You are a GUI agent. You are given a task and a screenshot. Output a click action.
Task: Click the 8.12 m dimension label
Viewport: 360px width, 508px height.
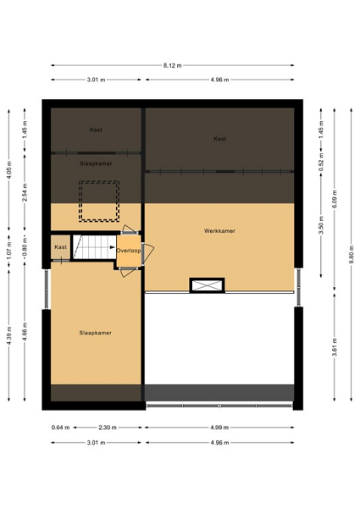click(x=173, y=65)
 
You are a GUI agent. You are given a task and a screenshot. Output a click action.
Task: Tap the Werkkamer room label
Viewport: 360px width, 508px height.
click(x=219, y=231)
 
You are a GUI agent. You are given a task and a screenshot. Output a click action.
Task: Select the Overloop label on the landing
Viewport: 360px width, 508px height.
click(x=129, y=251)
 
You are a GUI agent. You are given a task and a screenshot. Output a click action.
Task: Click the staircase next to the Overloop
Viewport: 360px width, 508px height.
click(x=94, y=247)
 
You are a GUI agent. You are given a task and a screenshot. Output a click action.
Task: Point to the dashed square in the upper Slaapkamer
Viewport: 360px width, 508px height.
click(x=99, y=202)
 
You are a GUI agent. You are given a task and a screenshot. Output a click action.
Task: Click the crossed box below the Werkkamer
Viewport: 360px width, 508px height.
click(x=207, y=285)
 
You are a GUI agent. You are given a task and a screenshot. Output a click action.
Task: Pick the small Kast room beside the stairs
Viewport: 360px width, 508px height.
click(x=61, y=247)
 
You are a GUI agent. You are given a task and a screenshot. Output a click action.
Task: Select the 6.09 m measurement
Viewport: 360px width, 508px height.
click(x=335, y=199)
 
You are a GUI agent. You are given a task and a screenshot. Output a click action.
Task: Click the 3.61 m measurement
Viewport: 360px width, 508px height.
click(x=335, y=347)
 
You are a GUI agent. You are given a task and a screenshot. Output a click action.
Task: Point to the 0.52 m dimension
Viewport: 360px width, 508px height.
click(x=321, y=162)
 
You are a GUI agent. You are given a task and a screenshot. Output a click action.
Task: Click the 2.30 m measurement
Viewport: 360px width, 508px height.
click(x=108, y=428)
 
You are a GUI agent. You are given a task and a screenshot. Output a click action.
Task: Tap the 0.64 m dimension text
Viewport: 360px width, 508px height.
click(x=61, y=428)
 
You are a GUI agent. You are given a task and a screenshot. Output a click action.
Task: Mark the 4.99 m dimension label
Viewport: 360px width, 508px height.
click(x=219, y=428)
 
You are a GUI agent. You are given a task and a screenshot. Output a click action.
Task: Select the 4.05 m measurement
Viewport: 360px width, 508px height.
click(x=9, y=169)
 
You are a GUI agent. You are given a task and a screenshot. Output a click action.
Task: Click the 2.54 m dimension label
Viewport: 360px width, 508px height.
click(x=25, y=192)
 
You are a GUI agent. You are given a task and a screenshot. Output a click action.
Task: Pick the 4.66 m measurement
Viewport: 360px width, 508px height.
click(x=25, y=331)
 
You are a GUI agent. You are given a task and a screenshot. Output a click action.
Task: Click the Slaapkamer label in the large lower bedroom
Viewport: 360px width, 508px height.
click(x=96, y=333)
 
